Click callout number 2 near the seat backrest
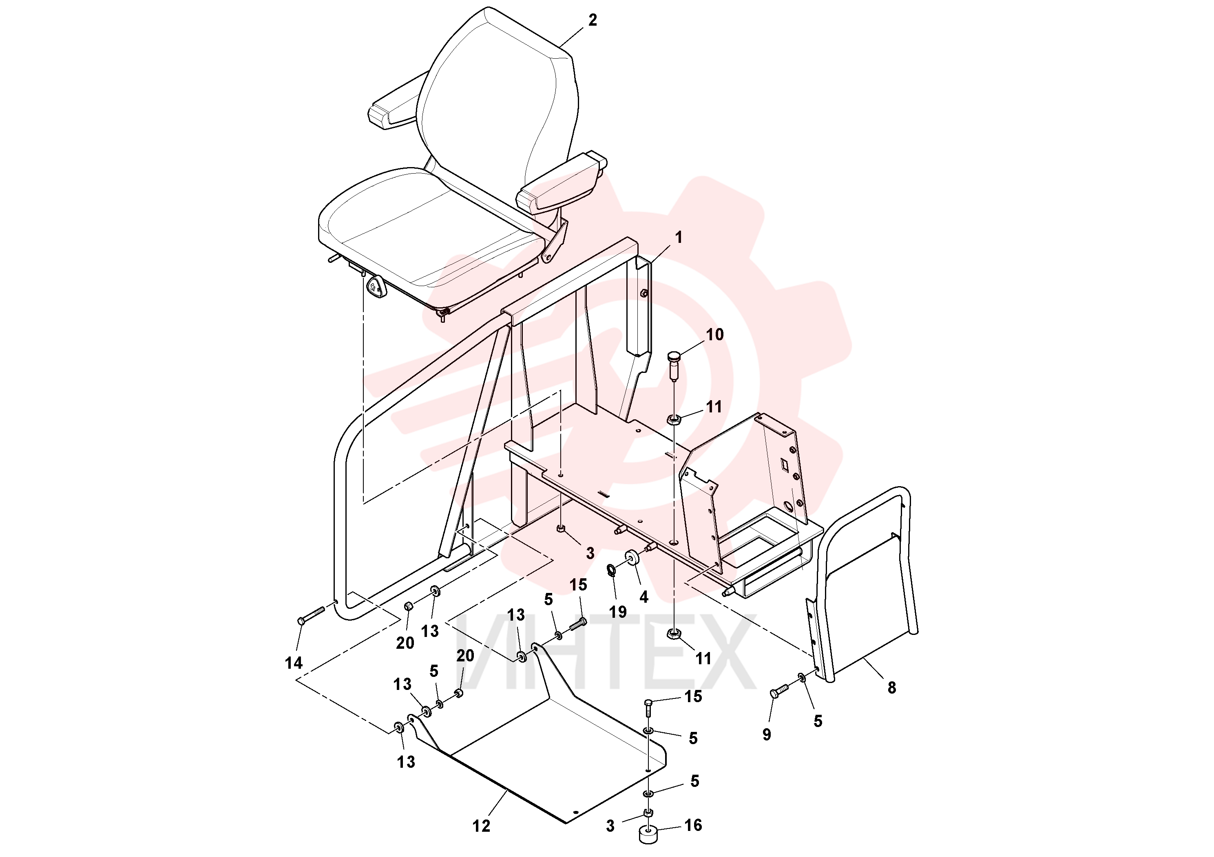592,20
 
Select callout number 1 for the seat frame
679,238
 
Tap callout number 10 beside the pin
714,335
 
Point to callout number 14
294,663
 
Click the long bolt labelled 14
311,615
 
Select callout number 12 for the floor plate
481,826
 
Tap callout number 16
693,825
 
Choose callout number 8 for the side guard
892,687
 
